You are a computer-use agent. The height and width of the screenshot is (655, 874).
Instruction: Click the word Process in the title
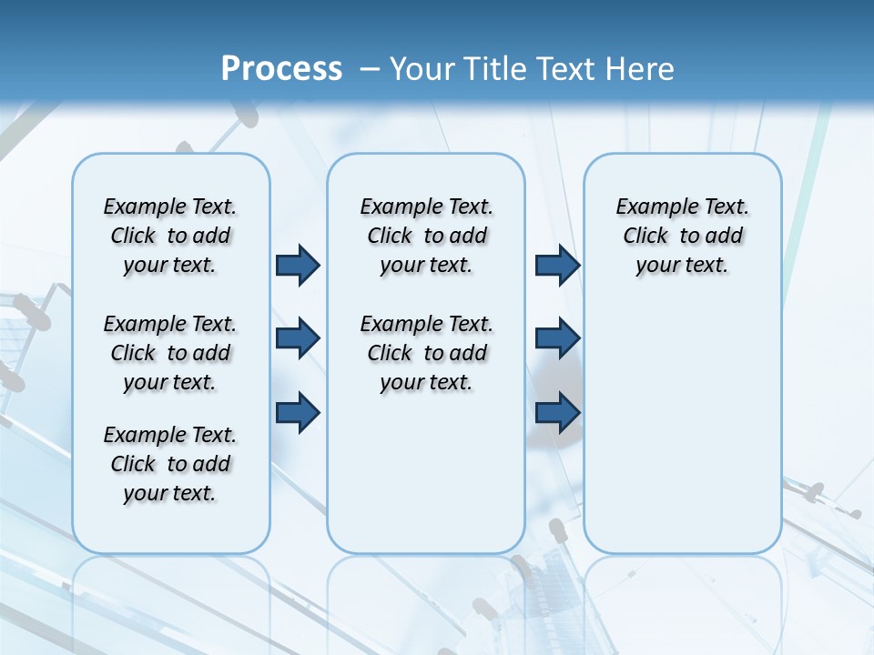click(281, 69)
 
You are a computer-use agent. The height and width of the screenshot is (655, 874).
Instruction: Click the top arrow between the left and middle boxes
click(298, 265)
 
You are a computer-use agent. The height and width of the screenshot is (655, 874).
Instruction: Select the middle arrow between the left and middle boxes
click(298, 338)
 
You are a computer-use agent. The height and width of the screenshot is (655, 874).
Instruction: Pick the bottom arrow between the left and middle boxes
click(298, 412)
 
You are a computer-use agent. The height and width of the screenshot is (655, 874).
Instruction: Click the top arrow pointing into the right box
click(557, 265)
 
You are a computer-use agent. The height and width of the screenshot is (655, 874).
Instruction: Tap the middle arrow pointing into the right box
click(557, 338)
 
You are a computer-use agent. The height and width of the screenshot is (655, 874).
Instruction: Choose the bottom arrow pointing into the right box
click(557, 412)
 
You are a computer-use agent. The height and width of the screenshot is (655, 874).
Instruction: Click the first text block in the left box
click(170, 236)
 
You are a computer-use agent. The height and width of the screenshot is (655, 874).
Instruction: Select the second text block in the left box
click(170, 353)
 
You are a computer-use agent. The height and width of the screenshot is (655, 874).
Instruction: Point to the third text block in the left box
click(170, 464)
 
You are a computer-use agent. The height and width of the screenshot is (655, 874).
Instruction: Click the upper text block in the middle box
click(426, 236)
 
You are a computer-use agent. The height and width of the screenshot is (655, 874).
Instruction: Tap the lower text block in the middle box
click(426, 353)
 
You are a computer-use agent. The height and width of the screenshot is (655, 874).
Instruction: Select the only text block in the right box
click(682, 236)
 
